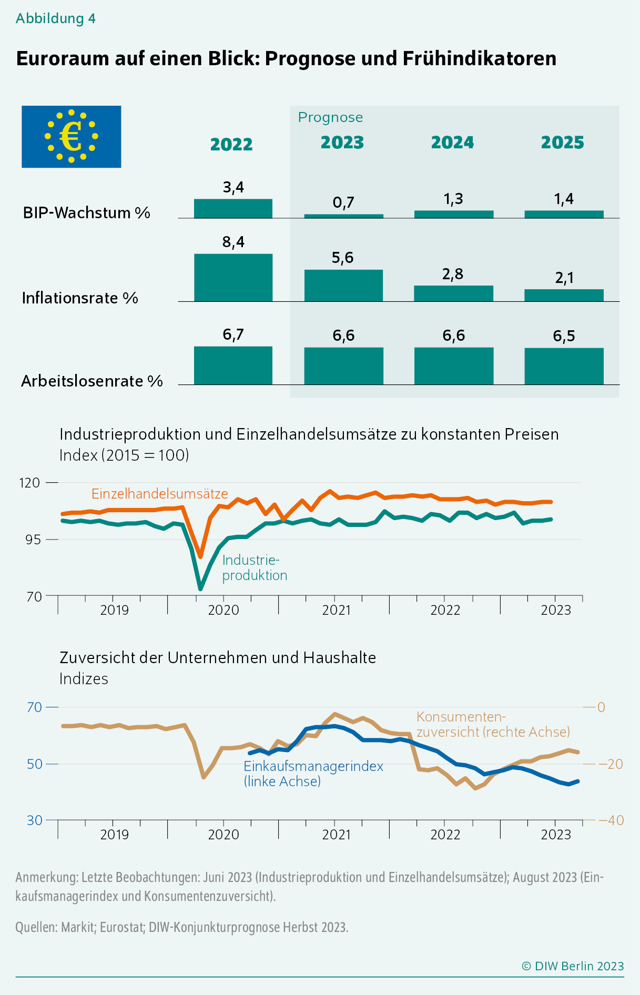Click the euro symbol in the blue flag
coord(70,137)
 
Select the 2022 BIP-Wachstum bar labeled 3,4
coord(233,208)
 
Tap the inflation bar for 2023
coord(343,286)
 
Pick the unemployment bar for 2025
coord(564,366)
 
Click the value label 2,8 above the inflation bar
coord(453,274)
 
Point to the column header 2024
coord(452,143)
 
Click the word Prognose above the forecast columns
coord(330,117)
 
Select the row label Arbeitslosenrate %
coord(92,381)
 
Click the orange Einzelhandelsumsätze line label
coord(159,493)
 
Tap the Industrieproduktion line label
coord(255,567)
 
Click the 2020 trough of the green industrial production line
coord(200,588)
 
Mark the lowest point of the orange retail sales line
coord(200,556)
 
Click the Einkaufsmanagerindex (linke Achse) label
coord(313,774)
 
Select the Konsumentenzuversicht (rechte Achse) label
coord(493,724)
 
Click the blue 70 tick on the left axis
coord(34,707)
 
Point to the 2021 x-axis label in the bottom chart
coord(336,835)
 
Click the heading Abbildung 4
coord(56,18)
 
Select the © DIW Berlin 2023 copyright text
coord(572,966)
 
